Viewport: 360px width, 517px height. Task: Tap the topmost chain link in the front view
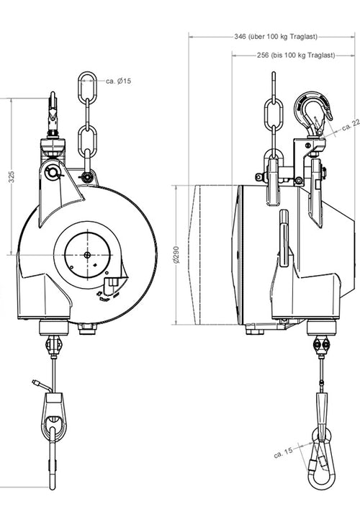point(86,86)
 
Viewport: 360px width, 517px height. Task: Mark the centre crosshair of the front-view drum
point(87,254)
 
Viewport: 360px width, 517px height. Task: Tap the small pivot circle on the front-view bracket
point(50,173)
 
